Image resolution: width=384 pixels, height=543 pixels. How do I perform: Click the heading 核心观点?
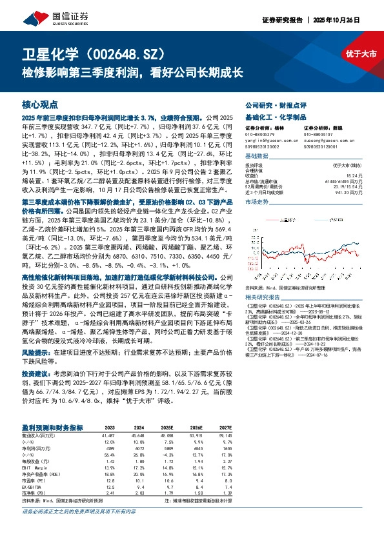pos(40,104)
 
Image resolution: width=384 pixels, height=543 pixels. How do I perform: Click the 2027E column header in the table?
pos(224,428)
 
